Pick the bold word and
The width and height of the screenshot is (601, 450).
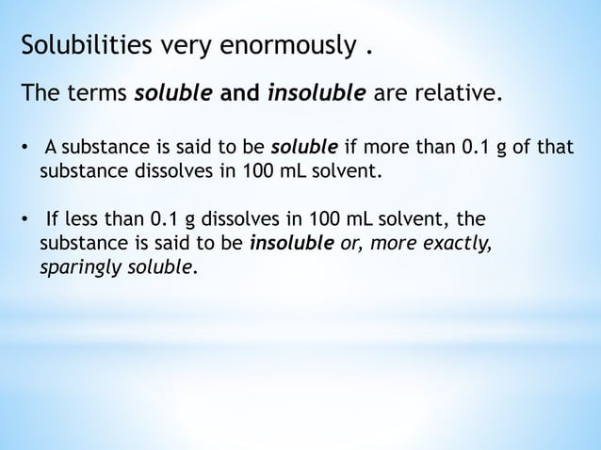pyautogui.click(x=239, y=95)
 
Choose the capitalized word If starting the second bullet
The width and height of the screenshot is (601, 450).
pyautogui.click(x=53, y=222)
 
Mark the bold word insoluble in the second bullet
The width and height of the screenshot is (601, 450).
pyautogui.click(x=287, y=245)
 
